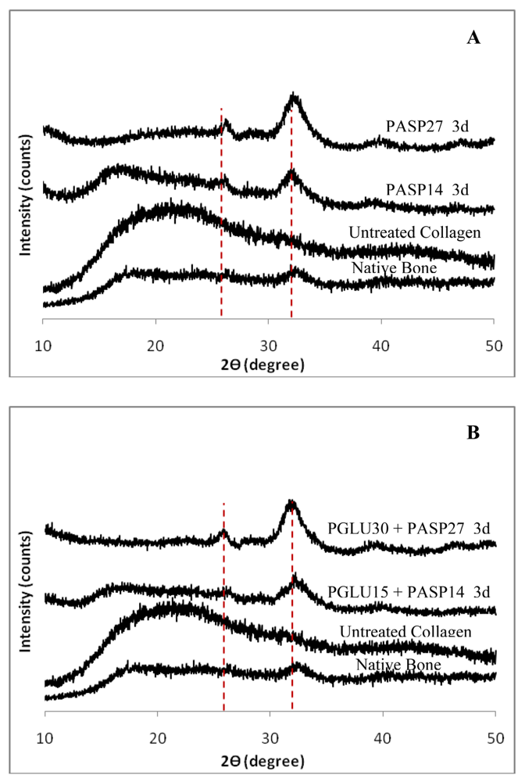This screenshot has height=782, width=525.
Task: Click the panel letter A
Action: click(473, 38)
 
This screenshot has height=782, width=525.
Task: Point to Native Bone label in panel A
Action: click(394, 269)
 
